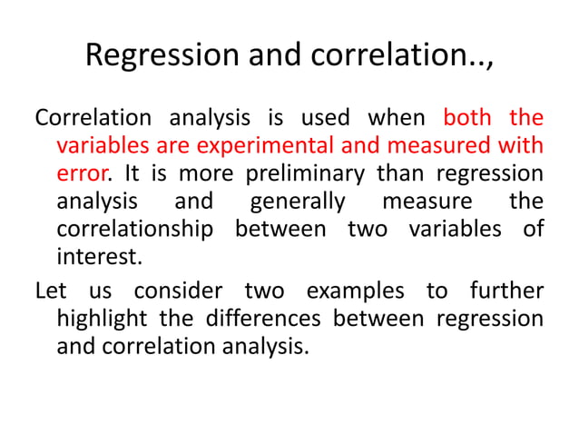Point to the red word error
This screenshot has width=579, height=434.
(x=77, y=173)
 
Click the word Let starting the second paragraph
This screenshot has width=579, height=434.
(x=50, y=291)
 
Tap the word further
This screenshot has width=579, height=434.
(x=506, y=291)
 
